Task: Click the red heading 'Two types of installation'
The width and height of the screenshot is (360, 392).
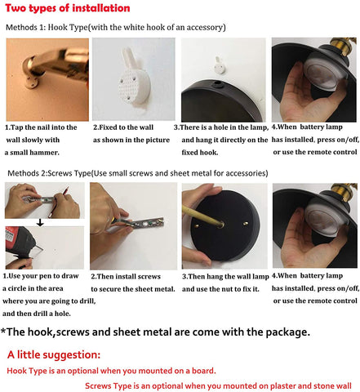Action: [68, 8]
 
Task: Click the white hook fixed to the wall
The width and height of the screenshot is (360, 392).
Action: [135, 79]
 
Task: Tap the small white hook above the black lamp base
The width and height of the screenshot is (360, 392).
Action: [220, 65]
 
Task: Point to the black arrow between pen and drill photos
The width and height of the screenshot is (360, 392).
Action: [40, 223]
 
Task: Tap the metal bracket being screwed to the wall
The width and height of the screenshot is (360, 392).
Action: [140, 223]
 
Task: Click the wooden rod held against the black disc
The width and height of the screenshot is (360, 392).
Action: [203, 216]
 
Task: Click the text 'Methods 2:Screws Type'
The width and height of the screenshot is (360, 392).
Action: [49, 173]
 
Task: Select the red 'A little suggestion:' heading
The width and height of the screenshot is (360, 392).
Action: [54, 354]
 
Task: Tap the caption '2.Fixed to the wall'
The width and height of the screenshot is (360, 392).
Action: [123, 127]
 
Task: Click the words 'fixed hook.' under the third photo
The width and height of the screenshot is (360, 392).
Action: [200, 153]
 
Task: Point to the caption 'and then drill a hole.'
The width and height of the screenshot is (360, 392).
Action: [37, 314]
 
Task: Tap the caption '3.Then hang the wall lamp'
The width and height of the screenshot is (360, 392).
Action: [225, 277]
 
